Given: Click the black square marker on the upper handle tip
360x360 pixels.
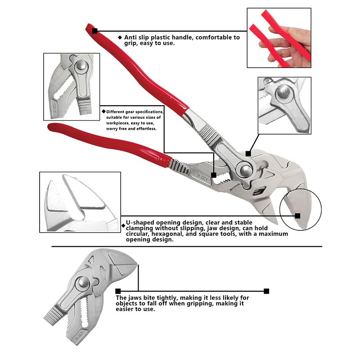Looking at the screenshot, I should tap(94, 31).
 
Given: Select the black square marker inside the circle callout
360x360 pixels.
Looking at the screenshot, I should tap(297, 216).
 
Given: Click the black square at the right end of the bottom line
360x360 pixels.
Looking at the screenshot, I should tap(266, 291).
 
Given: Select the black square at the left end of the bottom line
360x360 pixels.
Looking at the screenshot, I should tap(118, 291).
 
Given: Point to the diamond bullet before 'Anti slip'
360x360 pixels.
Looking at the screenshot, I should tap(120, 38).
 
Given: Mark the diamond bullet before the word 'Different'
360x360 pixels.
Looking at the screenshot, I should tap(103, 111).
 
